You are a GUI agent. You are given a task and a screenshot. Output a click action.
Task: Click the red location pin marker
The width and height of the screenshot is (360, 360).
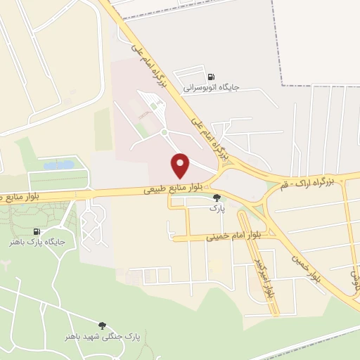[181, 165]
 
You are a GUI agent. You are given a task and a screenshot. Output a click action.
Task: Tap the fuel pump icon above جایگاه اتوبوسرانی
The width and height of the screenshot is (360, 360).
[210, 77]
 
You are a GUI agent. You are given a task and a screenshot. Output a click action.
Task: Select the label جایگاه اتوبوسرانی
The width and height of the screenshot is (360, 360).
[212, 88]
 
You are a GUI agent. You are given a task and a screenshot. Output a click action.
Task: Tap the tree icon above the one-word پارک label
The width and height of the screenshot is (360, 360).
[217, 198]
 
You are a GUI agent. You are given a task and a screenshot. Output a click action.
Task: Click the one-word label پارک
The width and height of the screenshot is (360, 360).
[217, 209]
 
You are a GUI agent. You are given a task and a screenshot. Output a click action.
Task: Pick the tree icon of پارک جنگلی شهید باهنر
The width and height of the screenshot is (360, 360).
[103, 325]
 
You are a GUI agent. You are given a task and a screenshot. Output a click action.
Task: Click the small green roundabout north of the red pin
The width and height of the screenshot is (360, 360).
[164, 131]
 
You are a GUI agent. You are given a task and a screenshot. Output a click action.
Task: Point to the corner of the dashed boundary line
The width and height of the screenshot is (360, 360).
[282, 85]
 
